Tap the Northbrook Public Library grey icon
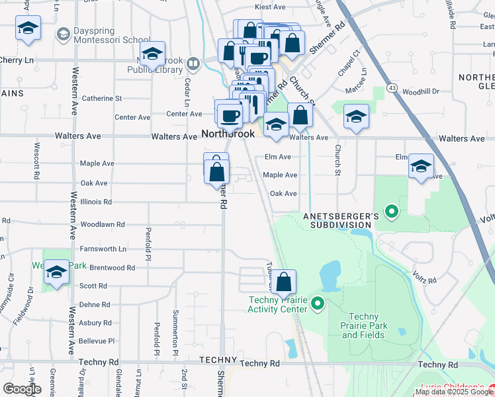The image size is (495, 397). click(x=193, y=64)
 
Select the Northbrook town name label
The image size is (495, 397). click(x=228, y=134)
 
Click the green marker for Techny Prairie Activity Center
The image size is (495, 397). click(x=318, y=304)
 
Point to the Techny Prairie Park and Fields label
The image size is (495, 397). click(x=363, y=326)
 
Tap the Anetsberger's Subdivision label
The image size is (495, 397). click(x=340, y=220)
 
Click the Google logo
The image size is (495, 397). click(x=22, y=389)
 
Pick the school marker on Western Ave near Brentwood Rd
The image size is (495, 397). click(x=57, y=273)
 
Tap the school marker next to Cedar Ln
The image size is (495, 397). click(x=152, y=55)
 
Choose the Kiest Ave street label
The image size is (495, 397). click(x=269, y=7)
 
